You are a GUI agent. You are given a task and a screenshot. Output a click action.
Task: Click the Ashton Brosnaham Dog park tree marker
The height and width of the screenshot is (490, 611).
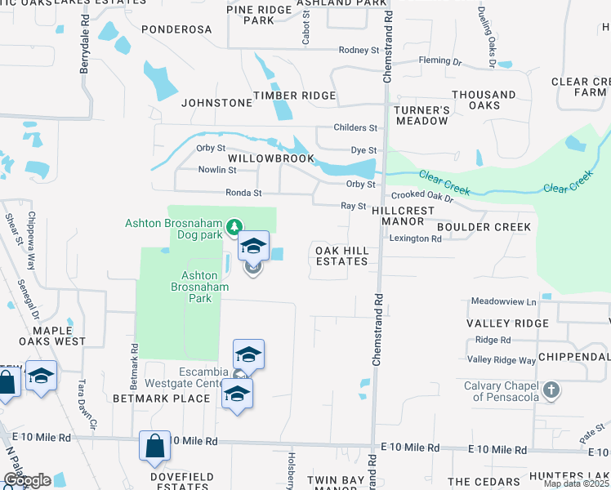click(235, 225)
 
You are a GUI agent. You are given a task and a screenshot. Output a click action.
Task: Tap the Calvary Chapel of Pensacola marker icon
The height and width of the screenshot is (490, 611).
click(552, 390)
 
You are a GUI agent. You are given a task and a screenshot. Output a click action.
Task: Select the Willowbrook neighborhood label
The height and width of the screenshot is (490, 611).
click(270, 158)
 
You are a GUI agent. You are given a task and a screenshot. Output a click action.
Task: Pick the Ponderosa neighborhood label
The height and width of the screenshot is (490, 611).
click(176, 29)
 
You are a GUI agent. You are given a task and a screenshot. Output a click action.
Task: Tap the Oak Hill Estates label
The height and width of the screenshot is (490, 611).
click(341, 255)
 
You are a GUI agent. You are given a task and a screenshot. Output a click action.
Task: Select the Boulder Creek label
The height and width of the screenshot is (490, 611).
click(484, 226)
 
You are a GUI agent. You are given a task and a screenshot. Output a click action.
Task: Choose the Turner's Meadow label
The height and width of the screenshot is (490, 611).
click(422, 115)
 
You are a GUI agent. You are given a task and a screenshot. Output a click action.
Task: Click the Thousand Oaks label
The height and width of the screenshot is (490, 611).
click(484, 100)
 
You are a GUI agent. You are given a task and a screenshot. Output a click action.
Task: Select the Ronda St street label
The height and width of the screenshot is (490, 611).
click(243, 193)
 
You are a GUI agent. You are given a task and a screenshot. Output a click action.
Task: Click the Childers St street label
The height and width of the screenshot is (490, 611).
click(355, 128)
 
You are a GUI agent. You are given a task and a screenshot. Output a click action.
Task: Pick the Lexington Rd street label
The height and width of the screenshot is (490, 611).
click(415, 238)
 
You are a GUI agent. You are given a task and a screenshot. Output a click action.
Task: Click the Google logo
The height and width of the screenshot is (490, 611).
click(27, 480)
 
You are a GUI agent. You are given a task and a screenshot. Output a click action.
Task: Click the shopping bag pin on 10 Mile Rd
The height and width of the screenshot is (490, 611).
click(154, 446)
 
